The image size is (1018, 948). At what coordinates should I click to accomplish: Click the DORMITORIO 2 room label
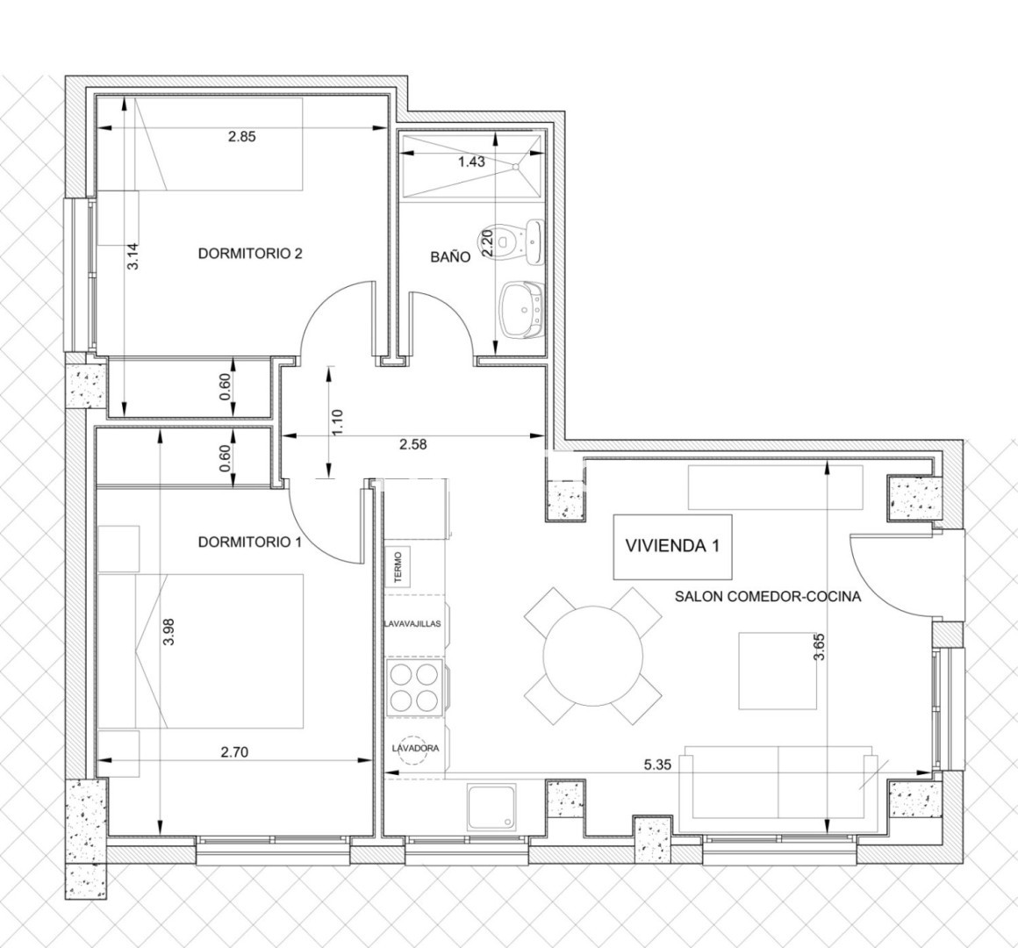[x=250, y=253]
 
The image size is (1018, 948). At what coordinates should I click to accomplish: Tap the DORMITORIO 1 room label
[x=250, y=542]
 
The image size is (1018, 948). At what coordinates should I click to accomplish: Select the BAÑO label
[x=450, y=256]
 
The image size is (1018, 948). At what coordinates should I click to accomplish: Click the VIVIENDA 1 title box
[x=672, y=547]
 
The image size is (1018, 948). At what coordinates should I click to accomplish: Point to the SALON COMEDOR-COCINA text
[x=768, y=596]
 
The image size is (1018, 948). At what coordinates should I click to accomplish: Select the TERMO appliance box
[x=398, y=566]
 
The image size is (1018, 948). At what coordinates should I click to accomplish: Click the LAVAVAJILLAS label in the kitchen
[x=412, y=623]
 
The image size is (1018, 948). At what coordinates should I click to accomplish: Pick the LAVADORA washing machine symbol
[x=415, y=748]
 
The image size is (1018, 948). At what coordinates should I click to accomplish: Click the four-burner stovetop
[x=414, y=687]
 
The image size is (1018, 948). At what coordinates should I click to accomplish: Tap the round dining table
[x=592, y=656]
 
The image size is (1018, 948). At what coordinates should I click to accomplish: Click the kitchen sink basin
[x=493, y=807]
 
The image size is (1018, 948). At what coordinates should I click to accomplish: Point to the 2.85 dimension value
[x=242, y=136]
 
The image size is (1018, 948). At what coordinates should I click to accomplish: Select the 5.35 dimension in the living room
[x=657, y=765]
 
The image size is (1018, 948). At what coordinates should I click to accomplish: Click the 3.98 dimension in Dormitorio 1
[x=168, y=631]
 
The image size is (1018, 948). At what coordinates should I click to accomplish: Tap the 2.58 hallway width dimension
[x=413, y=445]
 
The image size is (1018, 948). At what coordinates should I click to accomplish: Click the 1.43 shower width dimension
[x=471, y=162]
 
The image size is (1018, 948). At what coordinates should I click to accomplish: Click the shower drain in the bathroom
[x=517, y=167]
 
